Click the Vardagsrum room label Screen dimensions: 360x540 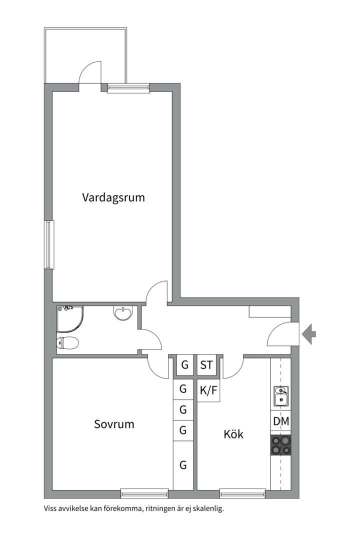[113, 197]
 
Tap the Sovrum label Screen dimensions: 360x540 [114, 424]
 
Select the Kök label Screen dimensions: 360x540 [233, 434]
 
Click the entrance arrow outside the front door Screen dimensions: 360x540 [308, 333]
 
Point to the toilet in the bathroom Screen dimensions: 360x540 [68, 342]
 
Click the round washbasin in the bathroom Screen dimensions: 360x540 [122, 313]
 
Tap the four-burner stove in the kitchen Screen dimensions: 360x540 [280, 445]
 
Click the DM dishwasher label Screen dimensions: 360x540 [281, 421]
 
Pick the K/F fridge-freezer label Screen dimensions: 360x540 [208, 390]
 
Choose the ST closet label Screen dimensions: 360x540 [206, 365]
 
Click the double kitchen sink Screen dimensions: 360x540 [281, 395]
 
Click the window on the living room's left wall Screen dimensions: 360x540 [49, 244]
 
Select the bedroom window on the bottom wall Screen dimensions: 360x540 [144, 493]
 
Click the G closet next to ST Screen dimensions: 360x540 [185, 365]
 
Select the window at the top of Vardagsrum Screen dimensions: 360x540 [128, 88]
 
